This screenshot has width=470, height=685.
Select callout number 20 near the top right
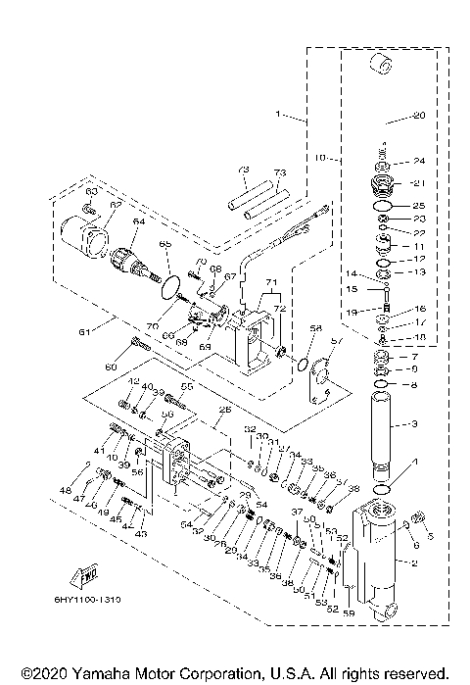click(x=419, y=116)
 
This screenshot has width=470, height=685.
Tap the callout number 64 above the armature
click(x=136, y=222)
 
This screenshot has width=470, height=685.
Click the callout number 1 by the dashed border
click(x=279, y=115)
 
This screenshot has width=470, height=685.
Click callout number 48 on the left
click(x=67, y=489)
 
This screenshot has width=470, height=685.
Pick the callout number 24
click(x=418, y=162)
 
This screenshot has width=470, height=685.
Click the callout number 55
click(x=188, y=387)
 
